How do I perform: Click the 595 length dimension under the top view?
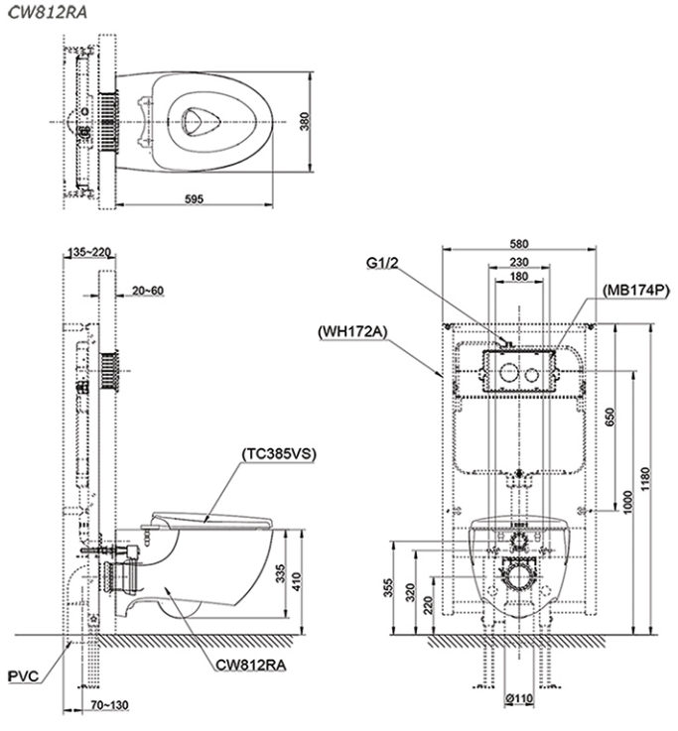coord(194,198)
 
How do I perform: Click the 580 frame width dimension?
coord(517,242)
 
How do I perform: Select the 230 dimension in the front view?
coord(517,262)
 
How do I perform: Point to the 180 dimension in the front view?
coord(517,279)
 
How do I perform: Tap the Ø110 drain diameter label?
coord(517,699)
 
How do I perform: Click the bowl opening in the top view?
coord(204,120)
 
